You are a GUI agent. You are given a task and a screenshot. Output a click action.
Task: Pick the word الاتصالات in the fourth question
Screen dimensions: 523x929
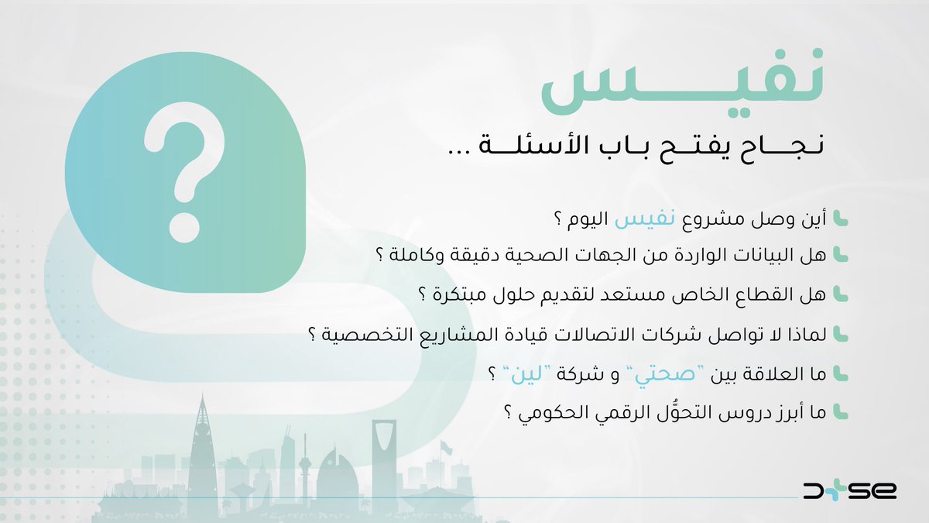588,335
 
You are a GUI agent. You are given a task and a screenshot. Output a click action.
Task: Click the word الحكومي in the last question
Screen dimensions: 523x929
550,414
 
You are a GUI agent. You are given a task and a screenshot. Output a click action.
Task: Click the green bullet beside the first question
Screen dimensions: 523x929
842,220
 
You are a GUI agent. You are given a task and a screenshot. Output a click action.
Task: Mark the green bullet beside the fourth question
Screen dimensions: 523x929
842,335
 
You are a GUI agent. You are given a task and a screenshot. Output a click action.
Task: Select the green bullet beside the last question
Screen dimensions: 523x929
842,414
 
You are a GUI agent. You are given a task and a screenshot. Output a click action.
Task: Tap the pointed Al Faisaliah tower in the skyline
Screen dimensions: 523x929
202,449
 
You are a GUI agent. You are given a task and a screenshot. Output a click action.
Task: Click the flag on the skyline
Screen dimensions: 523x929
446,448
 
